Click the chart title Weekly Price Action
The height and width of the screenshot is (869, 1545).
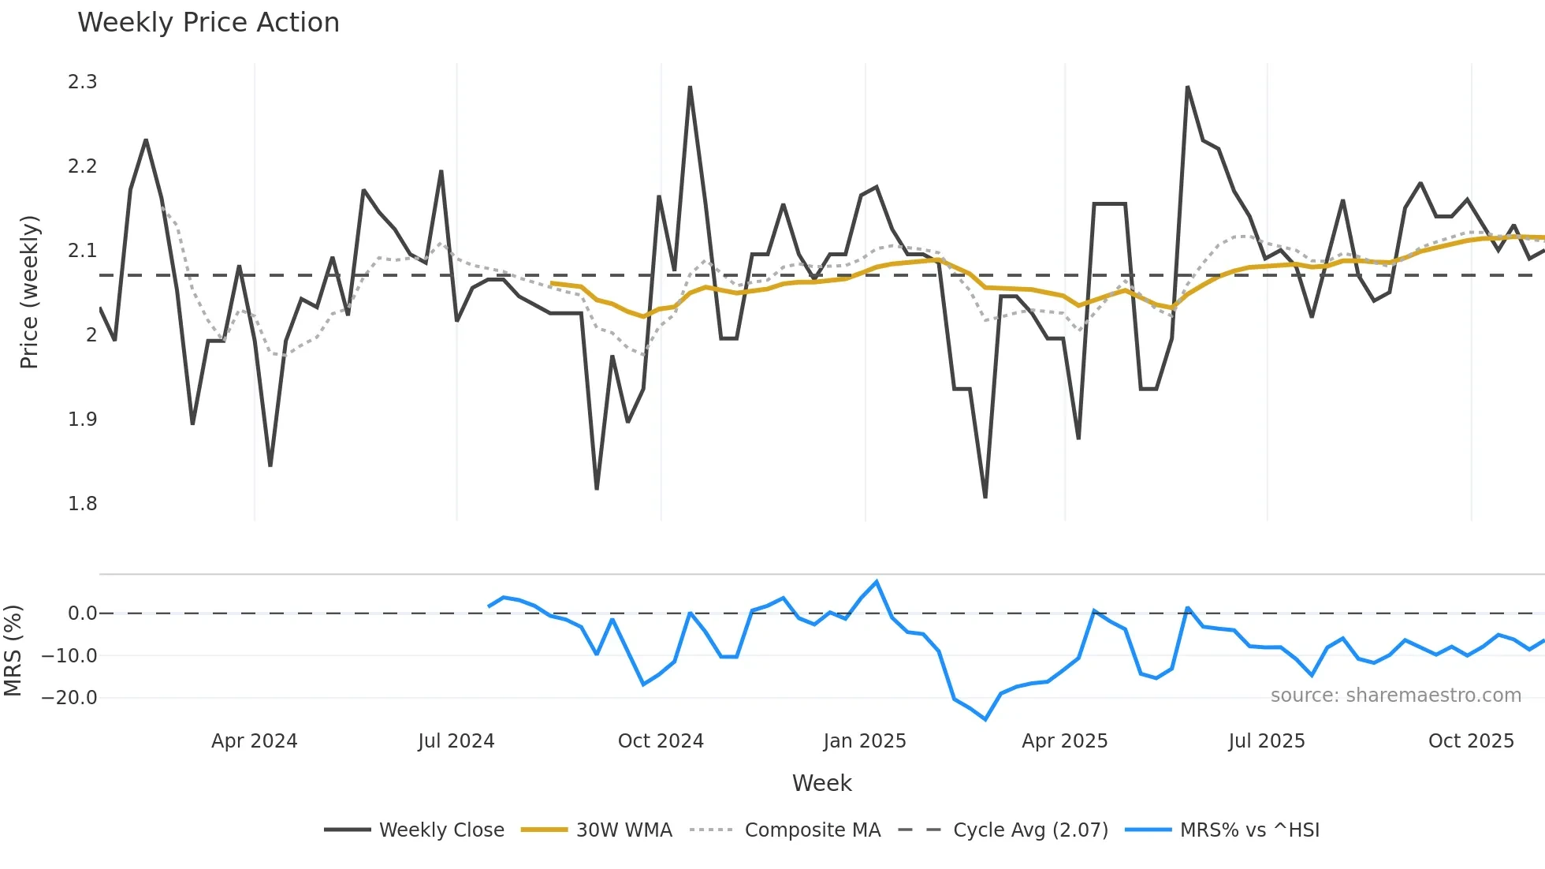(x=208, y=23)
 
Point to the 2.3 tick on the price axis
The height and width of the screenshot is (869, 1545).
(x=83, y=82)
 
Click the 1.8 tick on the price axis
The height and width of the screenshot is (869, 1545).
(x=83, y=503)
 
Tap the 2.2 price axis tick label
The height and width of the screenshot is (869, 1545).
(x=83, y=166)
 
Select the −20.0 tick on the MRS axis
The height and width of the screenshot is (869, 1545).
(x=69, y=698)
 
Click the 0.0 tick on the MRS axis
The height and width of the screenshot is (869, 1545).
(x=82, y=614)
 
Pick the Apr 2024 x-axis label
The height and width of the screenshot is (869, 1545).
(x=254, y=741)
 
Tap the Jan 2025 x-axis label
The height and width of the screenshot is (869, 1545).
(x=865, y=741)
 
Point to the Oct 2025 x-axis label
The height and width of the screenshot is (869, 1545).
(x=1471, y=741)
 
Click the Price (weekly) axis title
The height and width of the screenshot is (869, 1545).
(x=29, y=292)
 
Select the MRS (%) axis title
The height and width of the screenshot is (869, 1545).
(x=13, y=651)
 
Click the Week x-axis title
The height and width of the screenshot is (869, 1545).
(x=821, y=783)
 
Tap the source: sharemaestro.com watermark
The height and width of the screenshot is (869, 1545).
(x=1395, y=696)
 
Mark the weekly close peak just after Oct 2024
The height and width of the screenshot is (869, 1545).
(x=690, y=88)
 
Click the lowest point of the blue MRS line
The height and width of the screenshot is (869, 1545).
(x=985, y=719)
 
